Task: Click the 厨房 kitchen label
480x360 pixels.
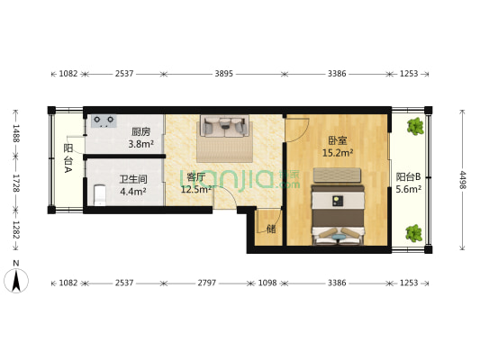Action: click(140, 130)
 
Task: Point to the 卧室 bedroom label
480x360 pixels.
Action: click(338, 140)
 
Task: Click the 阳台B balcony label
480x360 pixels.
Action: click(408, 177)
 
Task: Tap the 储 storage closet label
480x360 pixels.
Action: click(271, 229)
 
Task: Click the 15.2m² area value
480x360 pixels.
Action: click(338, 153)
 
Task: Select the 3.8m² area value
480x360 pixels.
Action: click(140, 143)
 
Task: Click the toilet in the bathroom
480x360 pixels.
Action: click(99, 193)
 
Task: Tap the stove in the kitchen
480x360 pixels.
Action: click(103, 119)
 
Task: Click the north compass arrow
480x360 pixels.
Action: click(16, 281)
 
